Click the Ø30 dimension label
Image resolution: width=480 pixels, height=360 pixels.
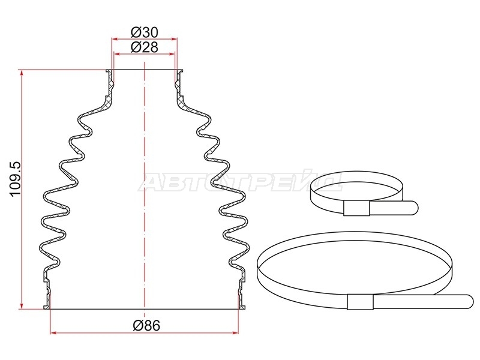coord(145,32)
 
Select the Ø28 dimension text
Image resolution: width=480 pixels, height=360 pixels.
coord(145,47)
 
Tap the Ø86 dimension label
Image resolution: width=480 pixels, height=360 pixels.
coord(146,325)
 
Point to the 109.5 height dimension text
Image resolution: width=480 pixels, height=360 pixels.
coord(15,179)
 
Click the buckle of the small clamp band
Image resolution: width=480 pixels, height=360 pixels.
coord(356,208)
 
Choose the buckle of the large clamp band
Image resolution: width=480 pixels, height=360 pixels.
coord(361,302)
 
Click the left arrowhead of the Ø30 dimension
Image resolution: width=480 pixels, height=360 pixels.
coord(115,39)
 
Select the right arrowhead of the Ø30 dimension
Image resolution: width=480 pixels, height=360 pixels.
coord(175,39)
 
